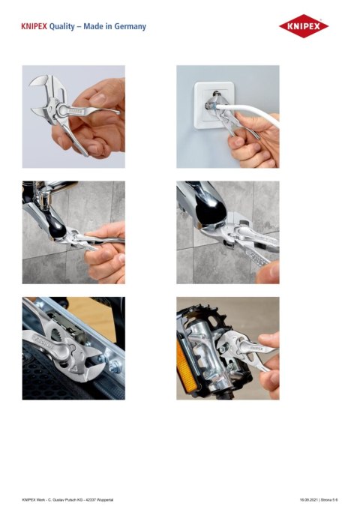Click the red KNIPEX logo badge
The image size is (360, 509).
point(304,28)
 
